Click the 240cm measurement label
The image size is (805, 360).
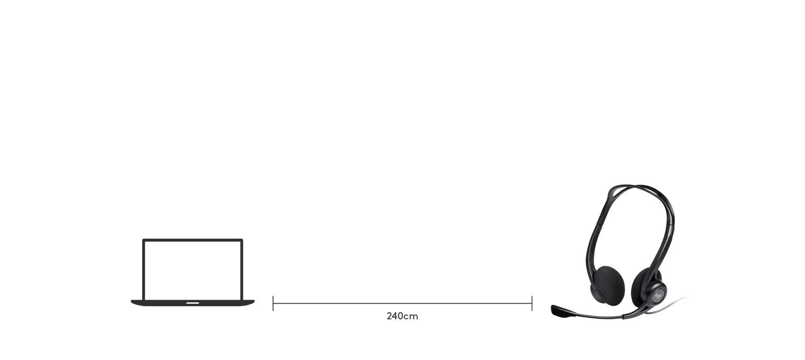coord(402,316)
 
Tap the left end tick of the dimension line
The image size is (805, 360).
coord(273,303)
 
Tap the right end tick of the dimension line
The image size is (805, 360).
coord(532,303)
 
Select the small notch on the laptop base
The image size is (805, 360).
coord(192,302)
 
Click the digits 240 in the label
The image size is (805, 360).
coord(395,316)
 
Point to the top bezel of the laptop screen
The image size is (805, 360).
coord(193,241)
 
